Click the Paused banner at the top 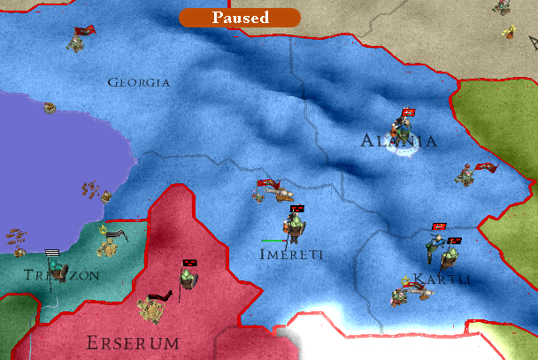[x=239, y=17]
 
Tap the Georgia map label [x=138, y=82]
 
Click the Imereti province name [x=291, y=254]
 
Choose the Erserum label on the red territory [x=133, y=341]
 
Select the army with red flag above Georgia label [x=81, y=38]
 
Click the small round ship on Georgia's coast [x=50, y=108]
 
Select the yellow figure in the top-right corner [x=510, y=31]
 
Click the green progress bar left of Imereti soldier [x=273, y=240]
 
